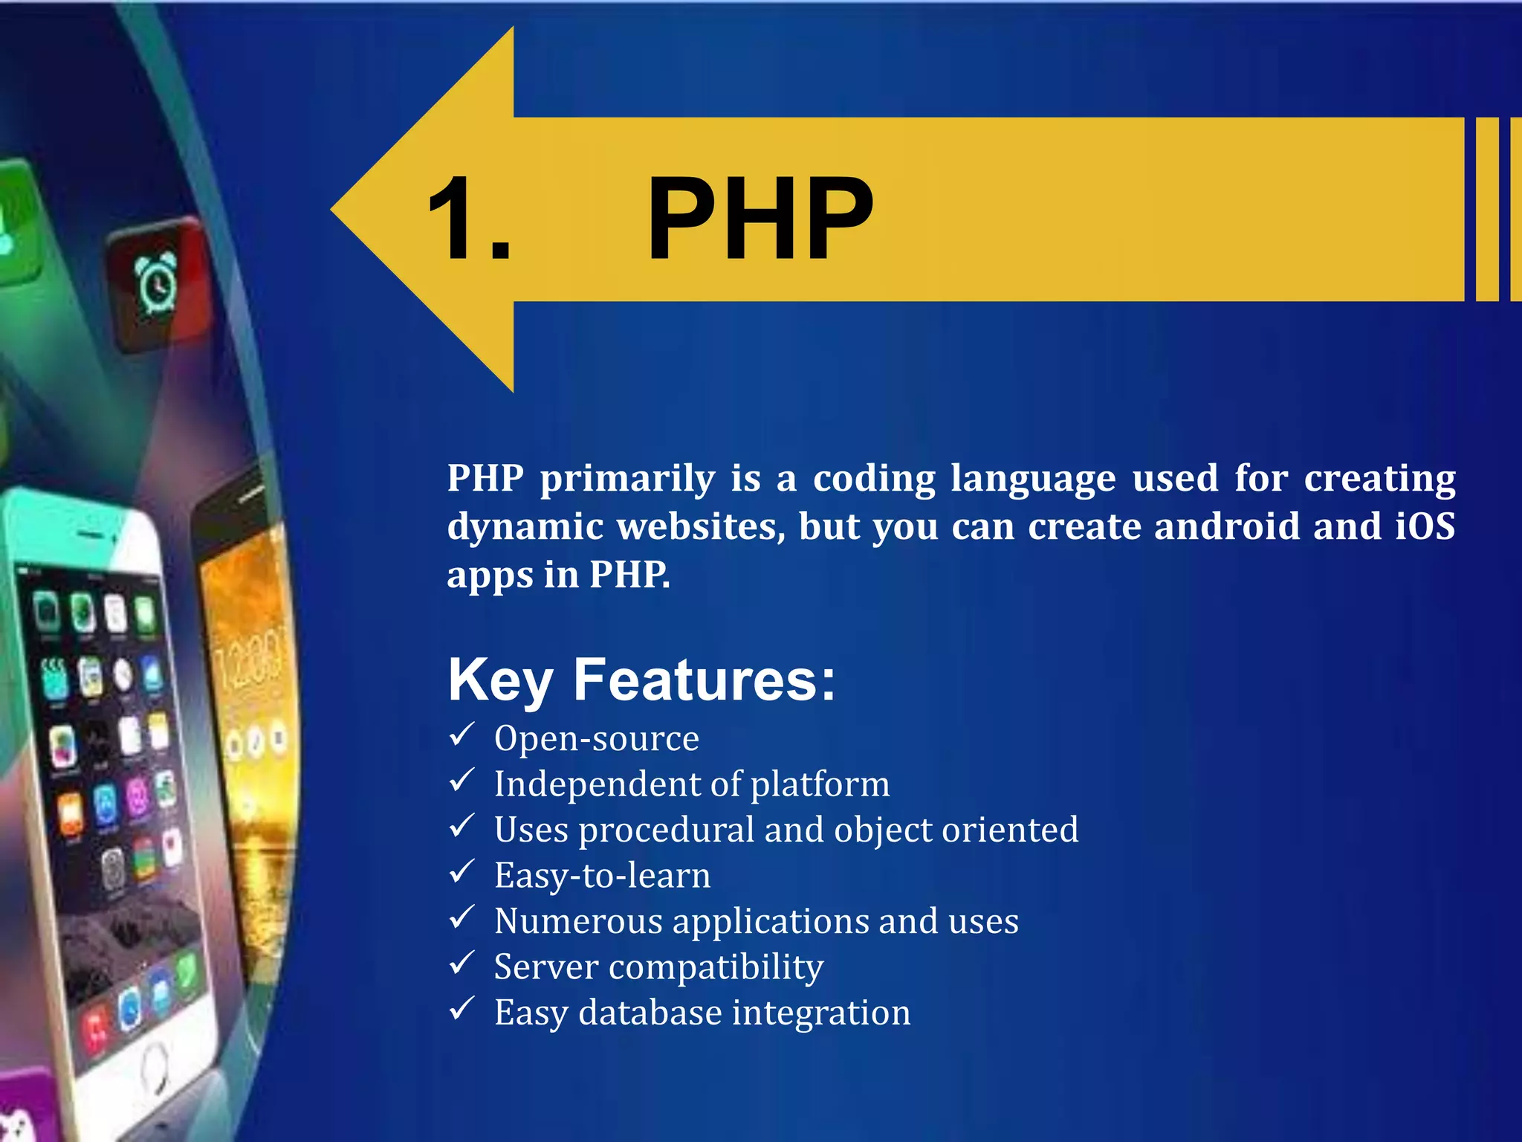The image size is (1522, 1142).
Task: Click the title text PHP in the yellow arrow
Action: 760,220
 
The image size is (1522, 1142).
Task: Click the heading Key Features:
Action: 641,680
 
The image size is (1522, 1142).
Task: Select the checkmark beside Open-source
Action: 462,735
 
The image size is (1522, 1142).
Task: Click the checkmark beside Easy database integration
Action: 462,1010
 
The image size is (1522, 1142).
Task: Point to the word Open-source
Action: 597,738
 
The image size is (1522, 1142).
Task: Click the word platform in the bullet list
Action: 820,785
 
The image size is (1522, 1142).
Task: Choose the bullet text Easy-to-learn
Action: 602,876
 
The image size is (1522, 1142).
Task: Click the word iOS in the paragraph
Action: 1424,526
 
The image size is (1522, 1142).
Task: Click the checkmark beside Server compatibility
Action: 462,964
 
